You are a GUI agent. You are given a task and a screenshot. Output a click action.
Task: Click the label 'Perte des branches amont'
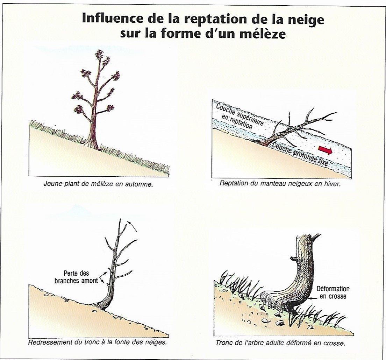(x=76, y=277)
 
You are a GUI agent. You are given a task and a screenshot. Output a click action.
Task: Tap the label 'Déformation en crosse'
(x=333, y=292)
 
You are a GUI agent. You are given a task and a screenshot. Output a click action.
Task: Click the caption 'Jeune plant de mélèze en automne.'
(x=98, y=184)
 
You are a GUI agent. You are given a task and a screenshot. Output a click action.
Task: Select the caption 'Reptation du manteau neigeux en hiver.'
(x=280, y=184)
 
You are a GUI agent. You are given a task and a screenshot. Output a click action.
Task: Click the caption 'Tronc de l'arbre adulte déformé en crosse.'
(x=280, y=343)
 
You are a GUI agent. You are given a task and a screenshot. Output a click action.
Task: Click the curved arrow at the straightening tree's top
(x=132, y=226)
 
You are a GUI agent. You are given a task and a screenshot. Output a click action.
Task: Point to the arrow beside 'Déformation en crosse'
(x=314, y=298)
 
